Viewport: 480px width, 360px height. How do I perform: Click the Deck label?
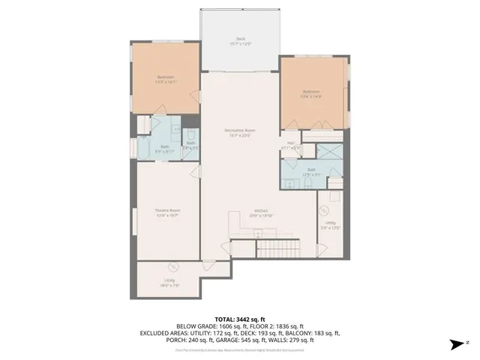coord(239,40)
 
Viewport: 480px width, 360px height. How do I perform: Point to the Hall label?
coord(291,142)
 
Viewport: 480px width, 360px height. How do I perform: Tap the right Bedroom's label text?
coord(310,92)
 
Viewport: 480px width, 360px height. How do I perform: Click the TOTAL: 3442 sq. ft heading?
coord(239,318)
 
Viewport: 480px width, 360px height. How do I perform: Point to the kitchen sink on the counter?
coord(259,232)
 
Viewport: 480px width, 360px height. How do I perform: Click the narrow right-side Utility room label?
coord(331,223)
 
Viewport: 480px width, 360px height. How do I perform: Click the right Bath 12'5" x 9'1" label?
coord(310,171)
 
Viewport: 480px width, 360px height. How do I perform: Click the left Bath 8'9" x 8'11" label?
coord(164,148)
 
